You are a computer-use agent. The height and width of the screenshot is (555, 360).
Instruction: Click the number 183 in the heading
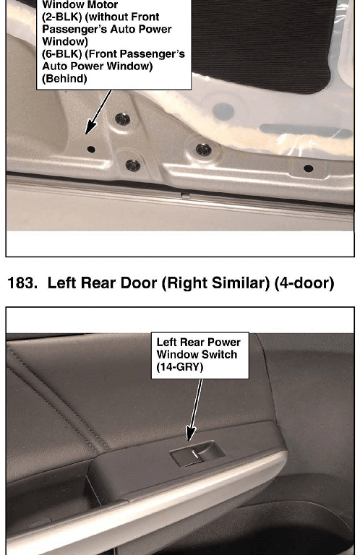click(22, 283)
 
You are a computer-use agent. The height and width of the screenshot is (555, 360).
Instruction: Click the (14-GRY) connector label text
click(180, 366)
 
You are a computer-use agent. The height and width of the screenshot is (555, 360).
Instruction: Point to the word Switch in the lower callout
click(219, 354)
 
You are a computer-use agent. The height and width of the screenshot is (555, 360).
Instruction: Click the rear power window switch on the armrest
click(197, 453)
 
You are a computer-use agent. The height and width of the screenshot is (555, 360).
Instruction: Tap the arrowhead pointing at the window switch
click(191, 434)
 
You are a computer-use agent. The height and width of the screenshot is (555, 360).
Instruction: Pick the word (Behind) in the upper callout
click(64, 79)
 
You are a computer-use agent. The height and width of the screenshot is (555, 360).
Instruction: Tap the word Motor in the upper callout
click(104, 5)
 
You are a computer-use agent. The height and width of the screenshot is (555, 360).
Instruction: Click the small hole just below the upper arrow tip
click(91, 150)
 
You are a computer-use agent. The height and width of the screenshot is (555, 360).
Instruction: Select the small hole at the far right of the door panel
click(309, 168)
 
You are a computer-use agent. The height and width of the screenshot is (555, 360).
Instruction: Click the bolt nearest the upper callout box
click(122, 119)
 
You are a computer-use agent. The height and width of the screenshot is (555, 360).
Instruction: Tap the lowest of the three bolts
click(133, 165)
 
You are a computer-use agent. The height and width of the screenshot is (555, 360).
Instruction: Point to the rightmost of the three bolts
click(204, 150)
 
